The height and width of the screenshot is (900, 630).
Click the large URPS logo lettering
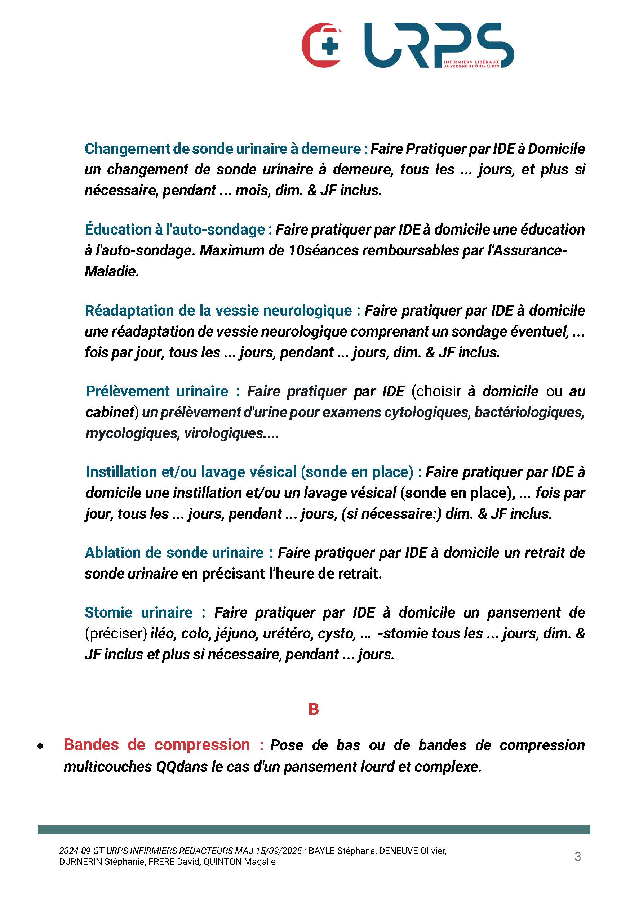tap(438, 45)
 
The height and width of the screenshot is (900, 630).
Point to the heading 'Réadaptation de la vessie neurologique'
tap(218, 311)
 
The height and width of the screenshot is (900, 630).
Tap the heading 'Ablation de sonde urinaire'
tap(174, 553)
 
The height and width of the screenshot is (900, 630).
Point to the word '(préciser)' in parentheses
tap(116, 633)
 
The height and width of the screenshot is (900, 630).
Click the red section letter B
tap(314, 709)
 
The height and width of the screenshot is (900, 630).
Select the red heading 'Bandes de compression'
tap(157, 745)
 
